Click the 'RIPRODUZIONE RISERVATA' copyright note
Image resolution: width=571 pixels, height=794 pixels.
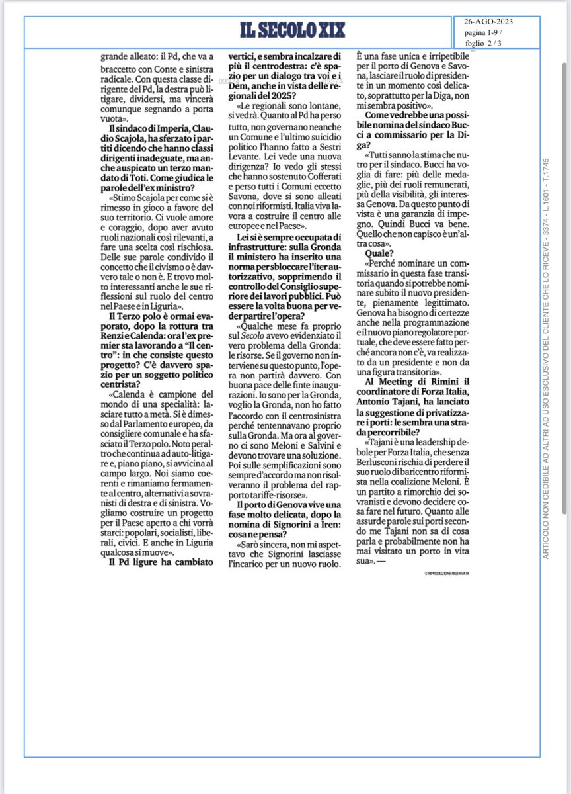pyautogui.click(x=443, y=573)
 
